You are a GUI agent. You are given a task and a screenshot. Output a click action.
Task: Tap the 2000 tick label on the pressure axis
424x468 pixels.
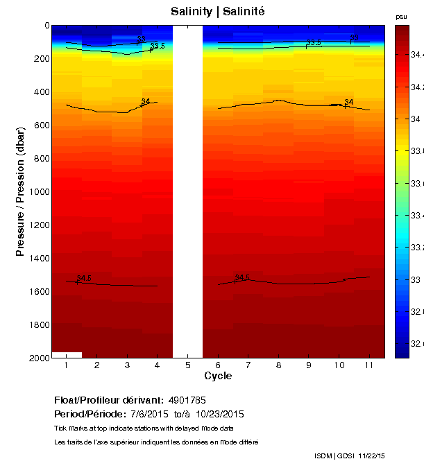point(39,358)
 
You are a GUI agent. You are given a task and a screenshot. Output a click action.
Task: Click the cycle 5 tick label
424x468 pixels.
point(187,365)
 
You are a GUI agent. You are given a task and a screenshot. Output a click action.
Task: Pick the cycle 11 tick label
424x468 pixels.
point(368,365)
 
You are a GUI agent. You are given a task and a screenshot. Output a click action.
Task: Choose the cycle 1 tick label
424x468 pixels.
point(67,365)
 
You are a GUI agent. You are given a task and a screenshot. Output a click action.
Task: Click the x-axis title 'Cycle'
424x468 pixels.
point(217,376)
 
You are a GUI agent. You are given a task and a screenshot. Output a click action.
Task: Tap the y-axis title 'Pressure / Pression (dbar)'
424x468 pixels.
point(20,191)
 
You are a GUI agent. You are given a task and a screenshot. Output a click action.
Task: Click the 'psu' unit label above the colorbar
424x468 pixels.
point(401,16)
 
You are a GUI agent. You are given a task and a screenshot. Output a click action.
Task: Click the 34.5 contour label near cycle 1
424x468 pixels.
point(84,279)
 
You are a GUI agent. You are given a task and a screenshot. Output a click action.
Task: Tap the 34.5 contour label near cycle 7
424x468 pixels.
point(242,277)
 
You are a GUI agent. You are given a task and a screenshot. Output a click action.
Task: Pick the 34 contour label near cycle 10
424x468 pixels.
point(348,103)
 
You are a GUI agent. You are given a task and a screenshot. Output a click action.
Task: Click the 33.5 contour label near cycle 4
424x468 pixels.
point(158,46)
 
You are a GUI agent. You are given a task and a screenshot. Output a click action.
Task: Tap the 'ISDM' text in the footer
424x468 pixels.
point(323,456)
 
